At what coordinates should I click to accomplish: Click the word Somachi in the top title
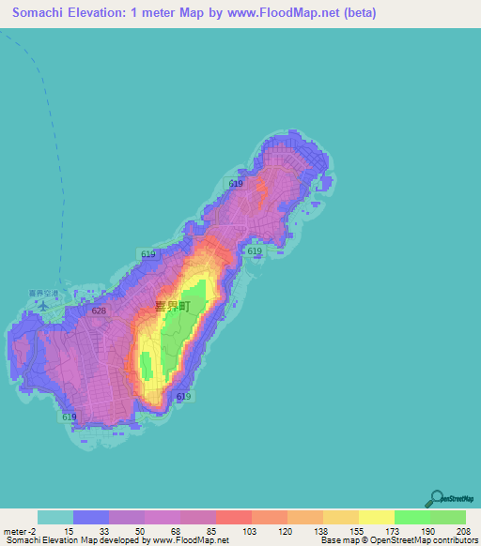pos(43,12)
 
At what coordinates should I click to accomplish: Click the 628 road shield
pos(99,310)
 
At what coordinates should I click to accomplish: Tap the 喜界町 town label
pos(173,306)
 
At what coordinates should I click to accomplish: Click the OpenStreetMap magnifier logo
pos(437,499)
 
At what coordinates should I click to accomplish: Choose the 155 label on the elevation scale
pos(359,530)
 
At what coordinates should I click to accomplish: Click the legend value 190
pos(429,530)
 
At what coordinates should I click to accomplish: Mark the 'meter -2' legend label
pos(22,530)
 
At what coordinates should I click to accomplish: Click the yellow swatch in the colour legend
pos(377,517)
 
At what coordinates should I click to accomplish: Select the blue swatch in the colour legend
pos(91,517)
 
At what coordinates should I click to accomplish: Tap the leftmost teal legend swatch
pos(55,517)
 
